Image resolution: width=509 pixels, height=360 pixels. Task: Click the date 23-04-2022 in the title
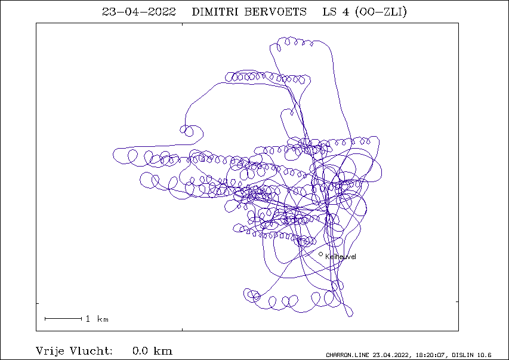(x=139, y=12)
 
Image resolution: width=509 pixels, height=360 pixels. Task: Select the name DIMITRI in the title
(x=215, y=12)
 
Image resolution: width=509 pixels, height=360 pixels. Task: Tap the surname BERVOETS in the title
(x=275, y=12)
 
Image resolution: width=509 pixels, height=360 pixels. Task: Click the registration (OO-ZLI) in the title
(x=381, y=12)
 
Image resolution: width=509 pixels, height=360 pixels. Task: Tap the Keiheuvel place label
(x=341, y=257)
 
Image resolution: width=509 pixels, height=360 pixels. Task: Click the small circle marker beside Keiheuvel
(x=320, y=254)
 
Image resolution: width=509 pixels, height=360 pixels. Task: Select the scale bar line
(x=63, y=319)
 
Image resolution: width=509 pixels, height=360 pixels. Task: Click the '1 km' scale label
(x=97, y=319)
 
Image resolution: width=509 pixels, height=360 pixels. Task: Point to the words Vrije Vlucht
(x=75, y=351)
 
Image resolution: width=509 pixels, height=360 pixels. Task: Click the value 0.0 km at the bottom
(x=152, y=351)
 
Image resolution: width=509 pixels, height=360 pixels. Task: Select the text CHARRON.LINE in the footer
(x=348, y=355)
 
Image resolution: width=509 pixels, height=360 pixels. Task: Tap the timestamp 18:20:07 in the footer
(x=430, y=355)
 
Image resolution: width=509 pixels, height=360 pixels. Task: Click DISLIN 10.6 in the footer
(x=471, y=355)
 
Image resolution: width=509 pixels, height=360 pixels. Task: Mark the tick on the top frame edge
(x=182, y=24)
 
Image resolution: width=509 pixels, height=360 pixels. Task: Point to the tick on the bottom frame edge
(x=182, y=330)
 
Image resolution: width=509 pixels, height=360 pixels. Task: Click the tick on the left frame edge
(x=38, y=303)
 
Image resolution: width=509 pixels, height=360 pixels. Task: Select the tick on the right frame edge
(x=457, y=302)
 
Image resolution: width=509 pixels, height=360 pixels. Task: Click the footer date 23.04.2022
(x=392, y=355)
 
